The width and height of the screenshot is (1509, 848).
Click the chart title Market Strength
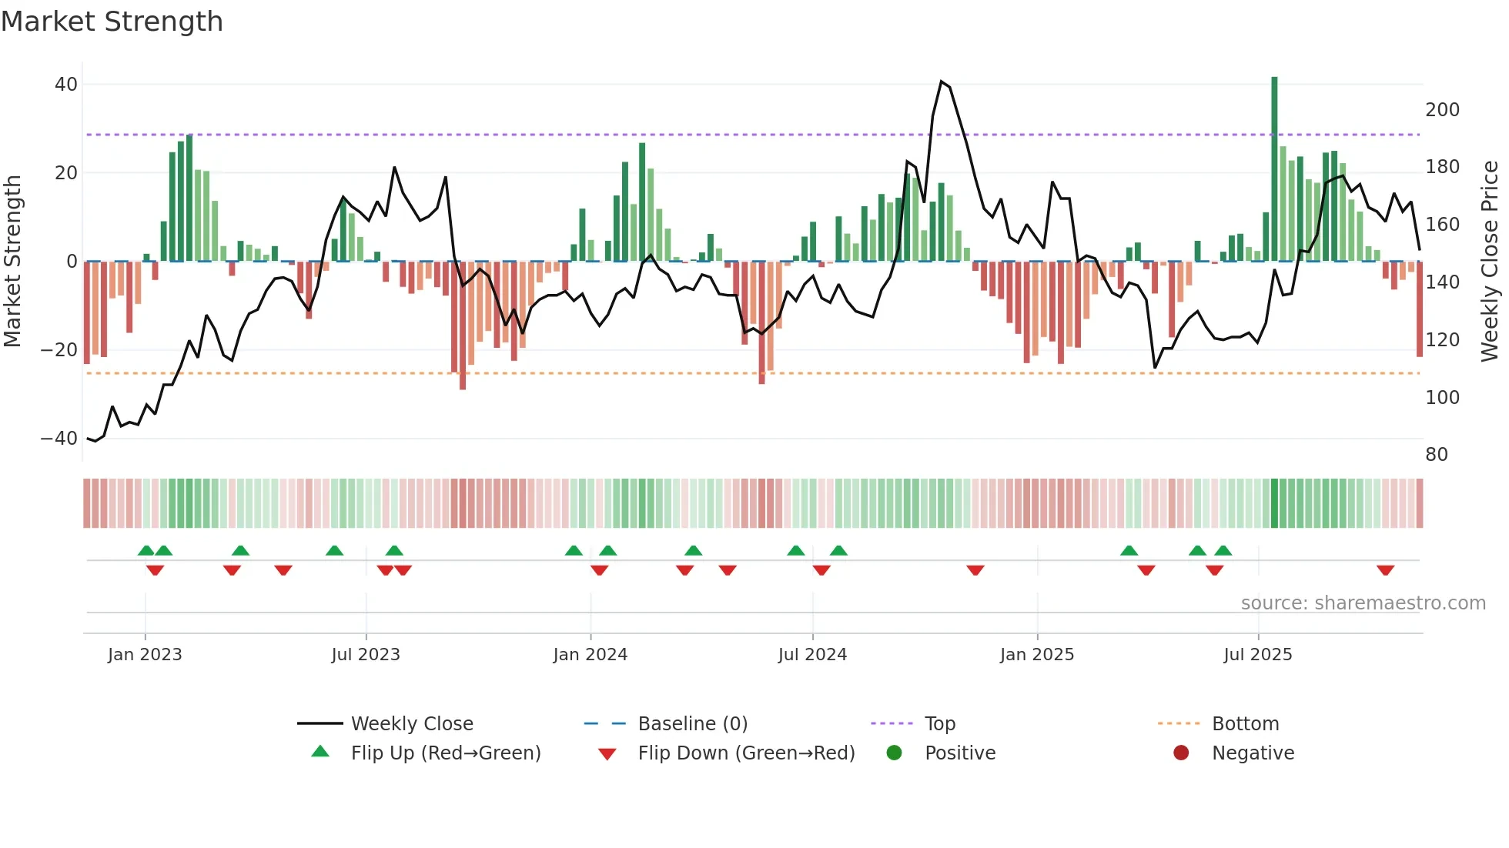point(112,22)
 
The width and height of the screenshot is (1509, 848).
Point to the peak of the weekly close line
point(942,82)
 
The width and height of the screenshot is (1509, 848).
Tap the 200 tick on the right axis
point(1442,110)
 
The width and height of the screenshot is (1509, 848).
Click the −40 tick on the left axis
point(59,439)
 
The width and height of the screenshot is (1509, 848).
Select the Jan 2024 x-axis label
point(590,655)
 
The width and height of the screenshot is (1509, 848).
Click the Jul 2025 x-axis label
point(1257,655)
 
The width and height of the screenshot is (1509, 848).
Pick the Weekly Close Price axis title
point(1490,262)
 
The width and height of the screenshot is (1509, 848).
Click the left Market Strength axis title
point(13,262)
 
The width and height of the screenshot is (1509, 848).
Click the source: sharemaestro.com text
point(1363,603)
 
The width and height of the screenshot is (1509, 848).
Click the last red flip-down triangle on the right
point(1385,570)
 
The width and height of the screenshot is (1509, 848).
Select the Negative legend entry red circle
point(1180,753)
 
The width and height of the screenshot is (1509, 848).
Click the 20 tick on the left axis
point(66,173)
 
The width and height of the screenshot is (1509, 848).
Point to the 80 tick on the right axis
point(1436,455)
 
